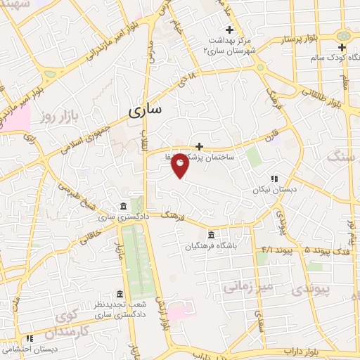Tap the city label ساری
146,110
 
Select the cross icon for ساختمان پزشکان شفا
200,146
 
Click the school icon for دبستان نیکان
274,179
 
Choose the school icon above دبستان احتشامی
30,339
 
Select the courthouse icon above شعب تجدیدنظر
119,293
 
